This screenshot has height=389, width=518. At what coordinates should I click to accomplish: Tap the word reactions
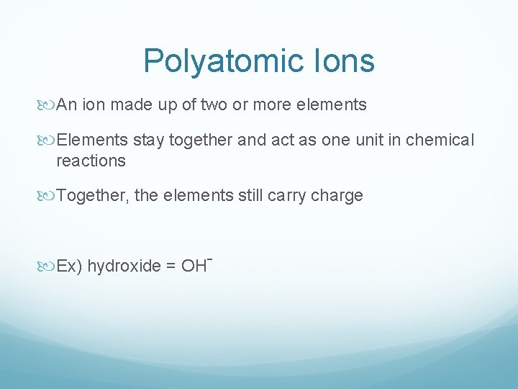[91, 161]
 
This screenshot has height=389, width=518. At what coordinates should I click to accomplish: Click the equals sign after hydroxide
[171, 267]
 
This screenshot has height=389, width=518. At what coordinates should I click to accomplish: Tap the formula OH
[193, 267]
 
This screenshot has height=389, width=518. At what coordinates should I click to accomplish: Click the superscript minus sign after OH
[208, 258]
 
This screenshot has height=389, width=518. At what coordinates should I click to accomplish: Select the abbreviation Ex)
[70, 267]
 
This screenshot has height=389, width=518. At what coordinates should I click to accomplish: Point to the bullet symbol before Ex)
[49, 267]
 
